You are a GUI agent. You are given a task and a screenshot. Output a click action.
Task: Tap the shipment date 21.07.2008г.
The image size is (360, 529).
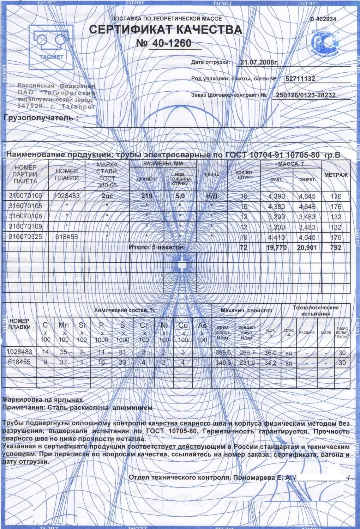(259, 62)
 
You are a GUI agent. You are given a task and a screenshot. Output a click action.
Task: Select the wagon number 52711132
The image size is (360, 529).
(300, 79)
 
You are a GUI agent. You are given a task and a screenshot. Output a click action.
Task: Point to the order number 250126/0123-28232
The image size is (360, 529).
(305, 95)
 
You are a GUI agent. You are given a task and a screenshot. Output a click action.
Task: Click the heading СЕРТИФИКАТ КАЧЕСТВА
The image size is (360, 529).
(166, 30)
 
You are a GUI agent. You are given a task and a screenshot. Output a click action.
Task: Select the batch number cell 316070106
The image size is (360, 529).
(25, 196)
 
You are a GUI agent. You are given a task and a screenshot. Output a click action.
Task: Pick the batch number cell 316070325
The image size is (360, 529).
(25, 237)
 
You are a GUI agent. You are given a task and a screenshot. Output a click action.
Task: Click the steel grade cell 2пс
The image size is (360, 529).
(107, 196)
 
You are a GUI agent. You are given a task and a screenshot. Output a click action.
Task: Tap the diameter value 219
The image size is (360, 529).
(146, 196)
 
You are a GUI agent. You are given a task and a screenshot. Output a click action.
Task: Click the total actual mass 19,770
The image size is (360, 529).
(276, 248)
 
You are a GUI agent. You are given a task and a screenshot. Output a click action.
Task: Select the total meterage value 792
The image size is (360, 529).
(336, 248)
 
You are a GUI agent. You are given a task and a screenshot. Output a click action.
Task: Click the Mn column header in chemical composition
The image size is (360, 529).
(64, 325)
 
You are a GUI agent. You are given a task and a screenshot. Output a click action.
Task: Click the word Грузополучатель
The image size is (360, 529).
(41, 118)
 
